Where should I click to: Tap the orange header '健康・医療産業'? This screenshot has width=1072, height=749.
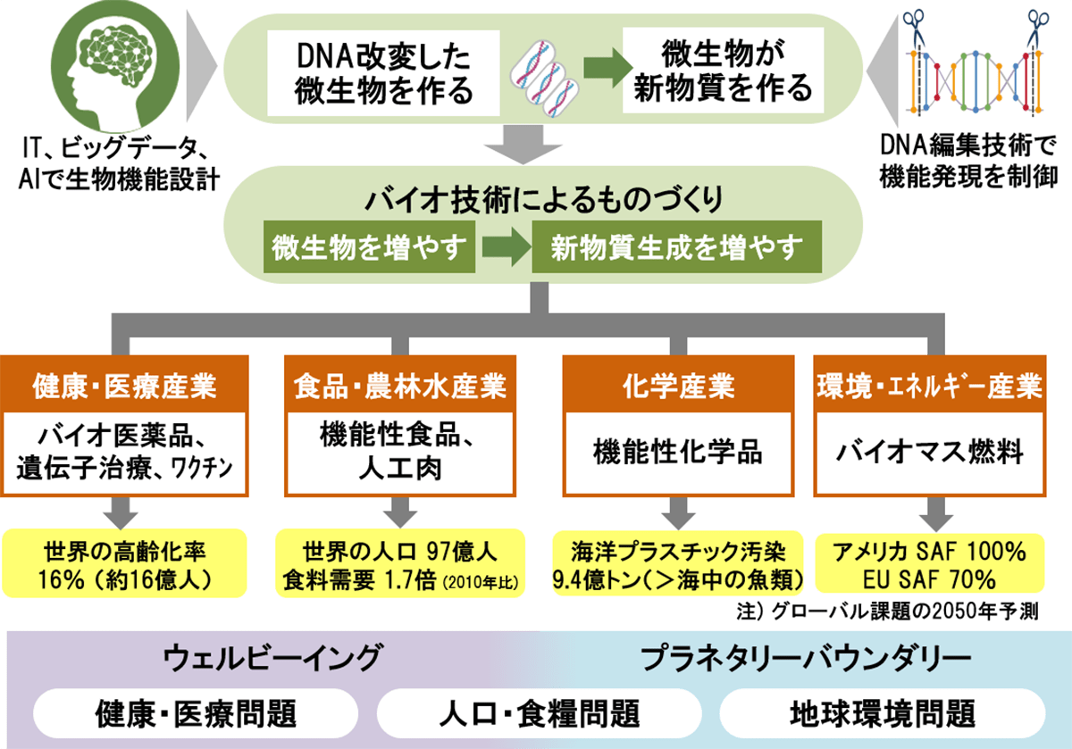pos(125,387)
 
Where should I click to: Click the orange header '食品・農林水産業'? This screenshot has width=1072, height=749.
pos(399,387)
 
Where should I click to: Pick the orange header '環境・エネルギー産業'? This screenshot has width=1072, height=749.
pos(929,387)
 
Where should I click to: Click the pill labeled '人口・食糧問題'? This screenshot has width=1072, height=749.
pos(541,713)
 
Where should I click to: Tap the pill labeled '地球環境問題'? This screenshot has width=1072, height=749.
pos(882,713)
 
